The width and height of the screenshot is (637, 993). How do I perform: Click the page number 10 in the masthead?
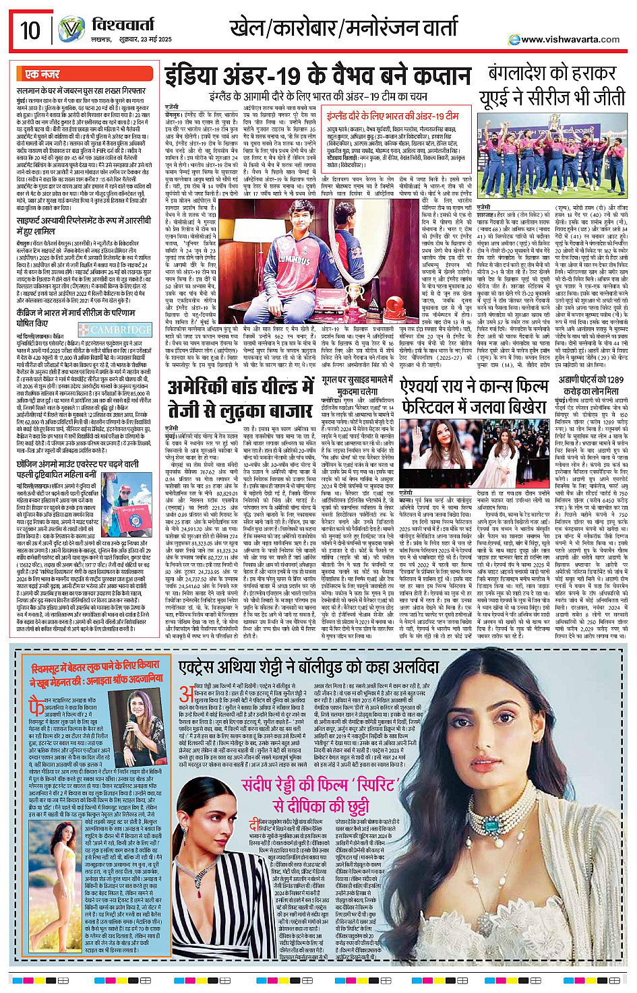coord(30,30)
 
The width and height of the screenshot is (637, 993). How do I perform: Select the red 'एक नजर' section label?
coord(42,73)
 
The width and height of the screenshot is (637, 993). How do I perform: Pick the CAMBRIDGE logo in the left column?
coord(115,330)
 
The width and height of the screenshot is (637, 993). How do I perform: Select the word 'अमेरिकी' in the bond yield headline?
coord(198,389)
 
